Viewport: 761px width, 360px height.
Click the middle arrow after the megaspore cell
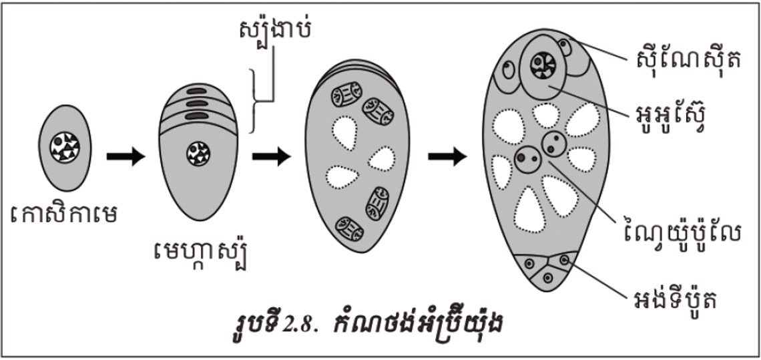tap(272, 157)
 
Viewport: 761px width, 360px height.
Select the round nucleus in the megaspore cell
tap(198, 153)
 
